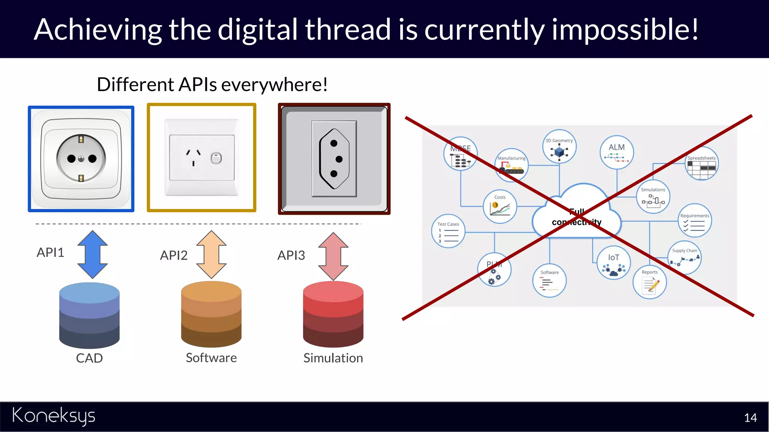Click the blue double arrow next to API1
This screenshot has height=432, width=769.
[92, 254]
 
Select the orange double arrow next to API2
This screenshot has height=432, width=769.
[211, 254]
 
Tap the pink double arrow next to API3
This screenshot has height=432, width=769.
[333, 256]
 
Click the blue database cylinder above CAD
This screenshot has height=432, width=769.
[89, 315]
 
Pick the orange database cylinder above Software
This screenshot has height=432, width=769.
[211, 314]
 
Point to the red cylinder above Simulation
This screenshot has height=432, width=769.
[333, 314]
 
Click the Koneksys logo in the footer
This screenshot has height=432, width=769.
[54, 415]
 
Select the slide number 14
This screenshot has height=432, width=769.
[750, 418]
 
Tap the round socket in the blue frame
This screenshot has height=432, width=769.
[81, 159]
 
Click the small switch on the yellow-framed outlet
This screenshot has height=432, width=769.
[216, 158]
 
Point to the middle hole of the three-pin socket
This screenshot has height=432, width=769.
[339, 159]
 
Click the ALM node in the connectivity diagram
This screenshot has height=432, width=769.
[617, 152]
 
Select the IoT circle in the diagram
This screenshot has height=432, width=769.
[614, 262]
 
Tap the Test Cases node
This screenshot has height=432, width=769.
[448, 231]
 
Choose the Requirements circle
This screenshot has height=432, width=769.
[695, 220]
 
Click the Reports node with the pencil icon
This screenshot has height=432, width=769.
[650, 282]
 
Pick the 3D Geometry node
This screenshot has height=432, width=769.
[559, 146]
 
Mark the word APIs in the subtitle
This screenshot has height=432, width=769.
[198, 84]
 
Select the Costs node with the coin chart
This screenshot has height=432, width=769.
[500, 207]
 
